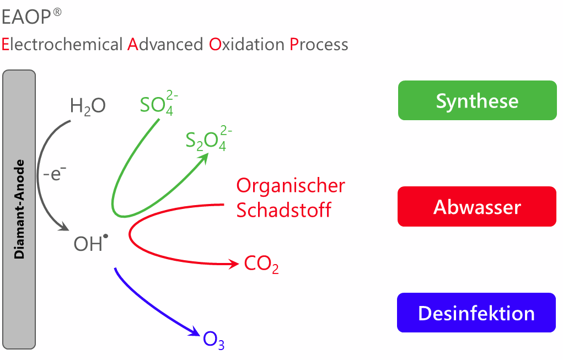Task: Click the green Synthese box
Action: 477,100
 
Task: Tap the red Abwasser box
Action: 477,207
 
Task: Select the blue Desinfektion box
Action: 476,313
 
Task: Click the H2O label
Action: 87,106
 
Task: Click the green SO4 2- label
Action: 159,104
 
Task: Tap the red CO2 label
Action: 261,265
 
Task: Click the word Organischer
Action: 291,185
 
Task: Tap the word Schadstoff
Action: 284,210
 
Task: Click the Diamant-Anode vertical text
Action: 20,209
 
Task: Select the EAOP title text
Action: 25,18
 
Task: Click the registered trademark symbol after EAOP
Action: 57,13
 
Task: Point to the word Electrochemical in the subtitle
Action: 62,44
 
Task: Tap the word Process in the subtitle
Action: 319,44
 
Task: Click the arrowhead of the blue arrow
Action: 195,332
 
